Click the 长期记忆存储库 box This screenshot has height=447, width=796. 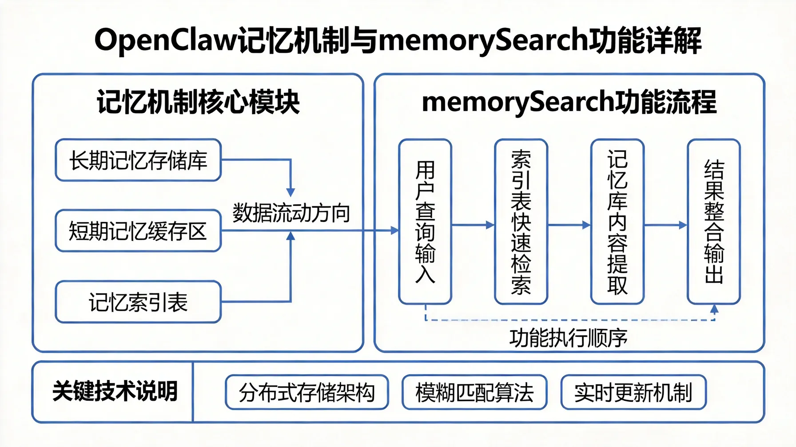tap(138, 160)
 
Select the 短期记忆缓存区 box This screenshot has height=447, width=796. tap(138, 231)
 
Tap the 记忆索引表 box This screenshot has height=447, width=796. tap(138, 302)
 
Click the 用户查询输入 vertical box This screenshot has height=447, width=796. tap(425, 222)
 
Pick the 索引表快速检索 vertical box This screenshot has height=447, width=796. tap(521, 222)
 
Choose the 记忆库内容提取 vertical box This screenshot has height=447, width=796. tap(617, 222)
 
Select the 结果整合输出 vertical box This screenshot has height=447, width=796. tap(713, 222)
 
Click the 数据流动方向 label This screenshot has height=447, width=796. tap(291, 213)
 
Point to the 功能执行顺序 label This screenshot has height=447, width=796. tap(568, 338)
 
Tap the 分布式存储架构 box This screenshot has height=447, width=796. tap(306, 392)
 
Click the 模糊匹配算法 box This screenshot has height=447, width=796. tap(474, 392)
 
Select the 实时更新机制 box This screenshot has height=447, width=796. tap(633, 392)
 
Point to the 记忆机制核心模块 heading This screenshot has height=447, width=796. tap(198, 102)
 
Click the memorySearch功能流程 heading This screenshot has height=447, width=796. tap(569, 102)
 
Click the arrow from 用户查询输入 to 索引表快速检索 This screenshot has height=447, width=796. tap(473, 225)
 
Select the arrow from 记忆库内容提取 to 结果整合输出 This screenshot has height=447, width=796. tap(665, 225)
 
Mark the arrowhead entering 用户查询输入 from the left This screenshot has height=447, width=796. tap(394, 230)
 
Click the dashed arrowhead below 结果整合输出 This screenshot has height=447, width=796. tap(714, 309)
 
